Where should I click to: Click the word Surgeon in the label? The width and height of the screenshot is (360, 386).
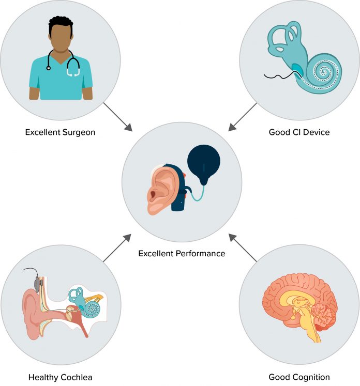[x=79, y=133]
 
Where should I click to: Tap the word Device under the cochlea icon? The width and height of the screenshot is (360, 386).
[x=316, y=132]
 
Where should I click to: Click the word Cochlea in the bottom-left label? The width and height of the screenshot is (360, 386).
[x=76, y=377]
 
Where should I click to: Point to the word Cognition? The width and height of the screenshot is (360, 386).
[x=311, y=377]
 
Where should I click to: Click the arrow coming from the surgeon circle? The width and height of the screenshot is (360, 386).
[x=118, y=117]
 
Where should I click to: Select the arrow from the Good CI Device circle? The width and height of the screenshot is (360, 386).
[x=243, y=117]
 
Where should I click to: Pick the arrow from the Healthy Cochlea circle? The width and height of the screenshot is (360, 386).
[x=117, y=248]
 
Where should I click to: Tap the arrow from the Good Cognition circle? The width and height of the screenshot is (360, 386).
[x=243, y=248]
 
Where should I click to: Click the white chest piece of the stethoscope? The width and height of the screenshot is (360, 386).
[x=73, y=72]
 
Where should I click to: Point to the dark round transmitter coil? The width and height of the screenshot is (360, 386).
[x=204, y=161]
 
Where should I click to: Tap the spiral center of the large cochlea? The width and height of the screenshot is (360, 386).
[x=323, y=72]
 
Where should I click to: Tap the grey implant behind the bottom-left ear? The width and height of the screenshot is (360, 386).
[x=37, y=284]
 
